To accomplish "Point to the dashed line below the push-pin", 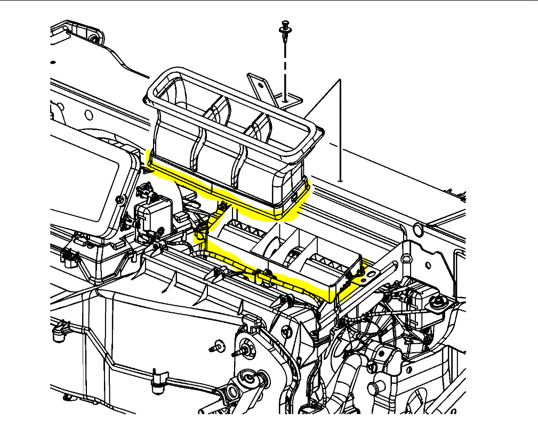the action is point(286,64).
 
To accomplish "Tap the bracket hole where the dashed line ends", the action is point(286,98).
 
